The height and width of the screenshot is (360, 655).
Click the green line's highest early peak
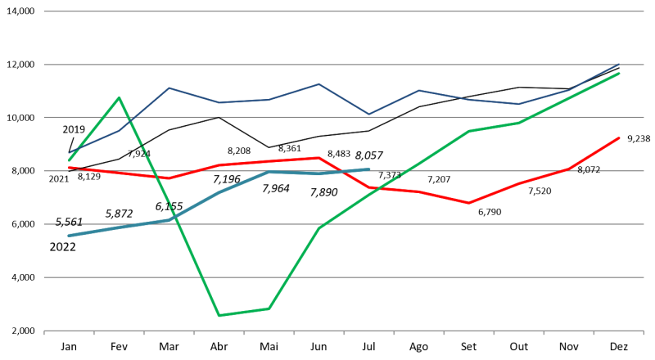click(x=120, y=98)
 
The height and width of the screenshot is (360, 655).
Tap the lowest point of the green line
click(x=219, y=315)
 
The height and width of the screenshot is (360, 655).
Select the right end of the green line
click(x=620, y=74)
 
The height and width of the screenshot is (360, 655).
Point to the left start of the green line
click(x=69, y=160)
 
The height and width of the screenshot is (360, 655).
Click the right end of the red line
click(x=620, y=138)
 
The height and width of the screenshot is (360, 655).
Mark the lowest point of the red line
click(x=469, y=203)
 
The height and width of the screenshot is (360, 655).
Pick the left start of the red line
click(x=69, y=168)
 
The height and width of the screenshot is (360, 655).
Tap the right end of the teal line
click(x=369, y=169)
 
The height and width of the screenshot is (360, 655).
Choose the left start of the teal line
click(x=69, y=236)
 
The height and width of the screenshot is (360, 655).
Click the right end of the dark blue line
click(x=620, y=64)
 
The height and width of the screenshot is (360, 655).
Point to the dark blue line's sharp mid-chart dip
click(x=368, y=115)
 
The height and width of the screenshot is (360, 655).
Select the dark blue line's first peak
click(x=169, y=88)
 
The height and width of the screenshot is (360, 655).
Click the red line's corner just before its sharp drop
click(x=319, y=158)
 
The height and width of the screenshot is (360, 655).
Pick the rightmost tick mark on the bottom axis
click(x=644, y=332)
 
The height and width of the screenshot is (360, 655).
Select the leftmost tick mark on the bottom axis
click(x=44, y=332)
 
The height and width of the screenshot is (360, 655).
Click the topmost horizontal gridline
click(x=344, y=11)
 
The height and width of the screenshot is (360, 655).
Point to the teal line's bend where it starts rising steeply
click(x=169, y=220)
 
